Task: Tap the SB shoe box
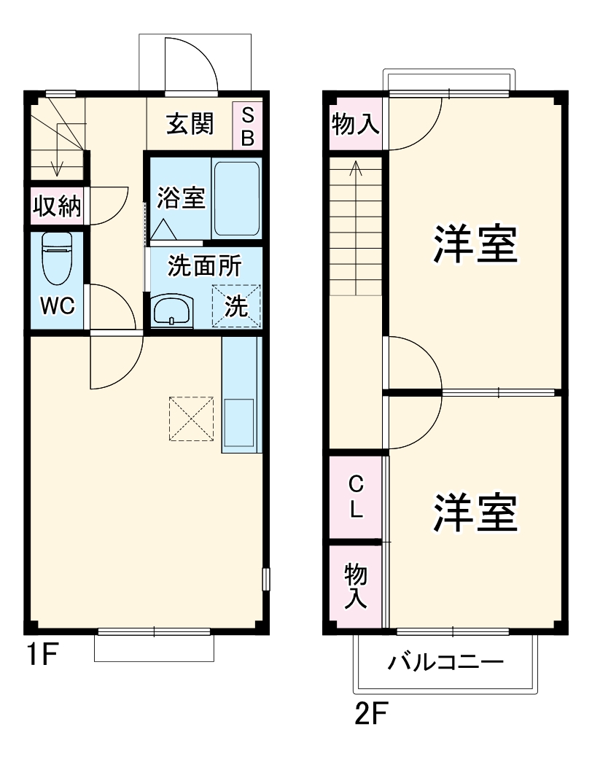click(248, 126)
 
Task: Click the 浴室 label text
click(182, 197)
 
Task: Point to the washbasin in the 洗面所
click(172, 311)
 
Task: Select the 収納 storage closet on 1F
click(56, 207)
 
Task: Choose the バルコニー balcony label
click(445, 663)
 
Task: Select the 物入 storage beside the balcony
click(355, 585)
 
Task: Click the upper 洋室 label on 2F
click(475, 244)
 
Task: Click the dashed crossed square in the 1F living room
click(191, 419)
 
